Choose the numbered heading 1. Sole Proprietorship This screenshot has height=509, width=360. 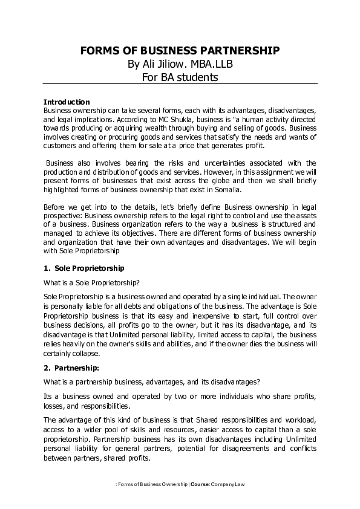click(85, 268)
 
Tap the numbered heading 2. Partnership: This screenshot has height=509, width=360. click(72, 367)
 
